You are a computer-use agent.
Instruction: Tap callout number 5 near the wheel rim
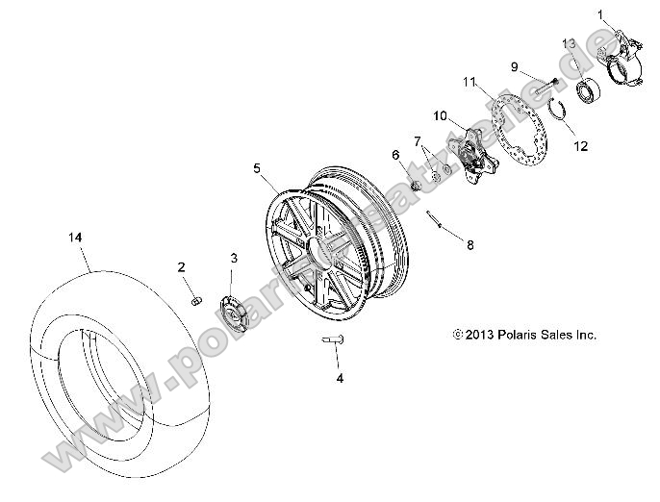pos(258,168)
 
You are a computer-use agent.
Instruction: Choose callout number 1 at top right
pos(602,14)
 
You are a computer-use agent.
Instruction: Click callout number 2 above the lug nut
pos(181,266)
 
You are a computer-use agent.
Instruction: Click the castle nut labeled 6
pos(412,183)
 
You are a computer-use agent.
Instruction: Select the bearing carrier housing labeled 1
pos(620,57)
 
